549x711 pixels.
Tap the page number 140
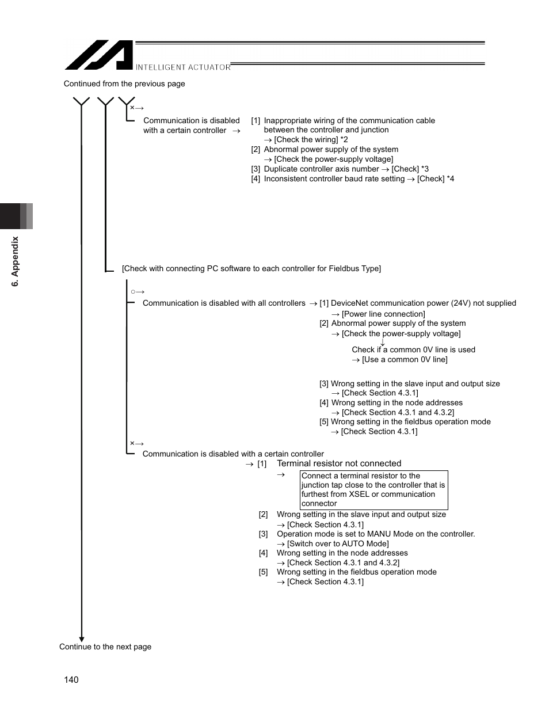(71, 680)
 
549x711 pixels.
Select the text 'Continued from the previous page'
(124, 83)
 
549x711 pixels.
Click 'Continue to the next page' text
(105, 647)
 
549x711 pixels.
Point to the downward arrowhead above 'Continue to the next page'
(82, 638)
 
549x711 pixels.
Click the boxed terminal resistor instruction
(373, 489)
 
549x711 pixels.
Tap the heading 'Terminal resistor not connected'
(339, 463)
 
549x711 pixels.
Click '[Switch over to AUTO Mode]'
(338, 543)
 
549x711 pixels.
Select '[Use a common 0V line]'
(405, 359)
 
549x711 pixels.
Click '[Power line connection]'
(383, 314)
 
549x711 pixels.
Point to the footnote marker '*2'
(344, 139)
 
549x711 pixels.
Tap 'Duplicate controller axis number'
(321, 169)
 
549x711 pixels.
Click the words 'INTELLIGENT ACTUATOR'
(183, 67)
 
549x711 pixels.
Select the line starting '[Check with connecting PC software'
(251, 268)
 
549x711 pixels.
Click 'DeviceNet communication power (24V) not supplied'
(424, 303)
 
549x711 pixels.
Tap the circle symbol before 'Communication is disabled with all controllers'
(133, 292)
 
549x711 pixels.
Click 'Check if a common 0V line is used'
(413, 349)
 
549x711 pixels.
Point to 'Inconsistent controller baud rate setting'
(334, 178)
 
